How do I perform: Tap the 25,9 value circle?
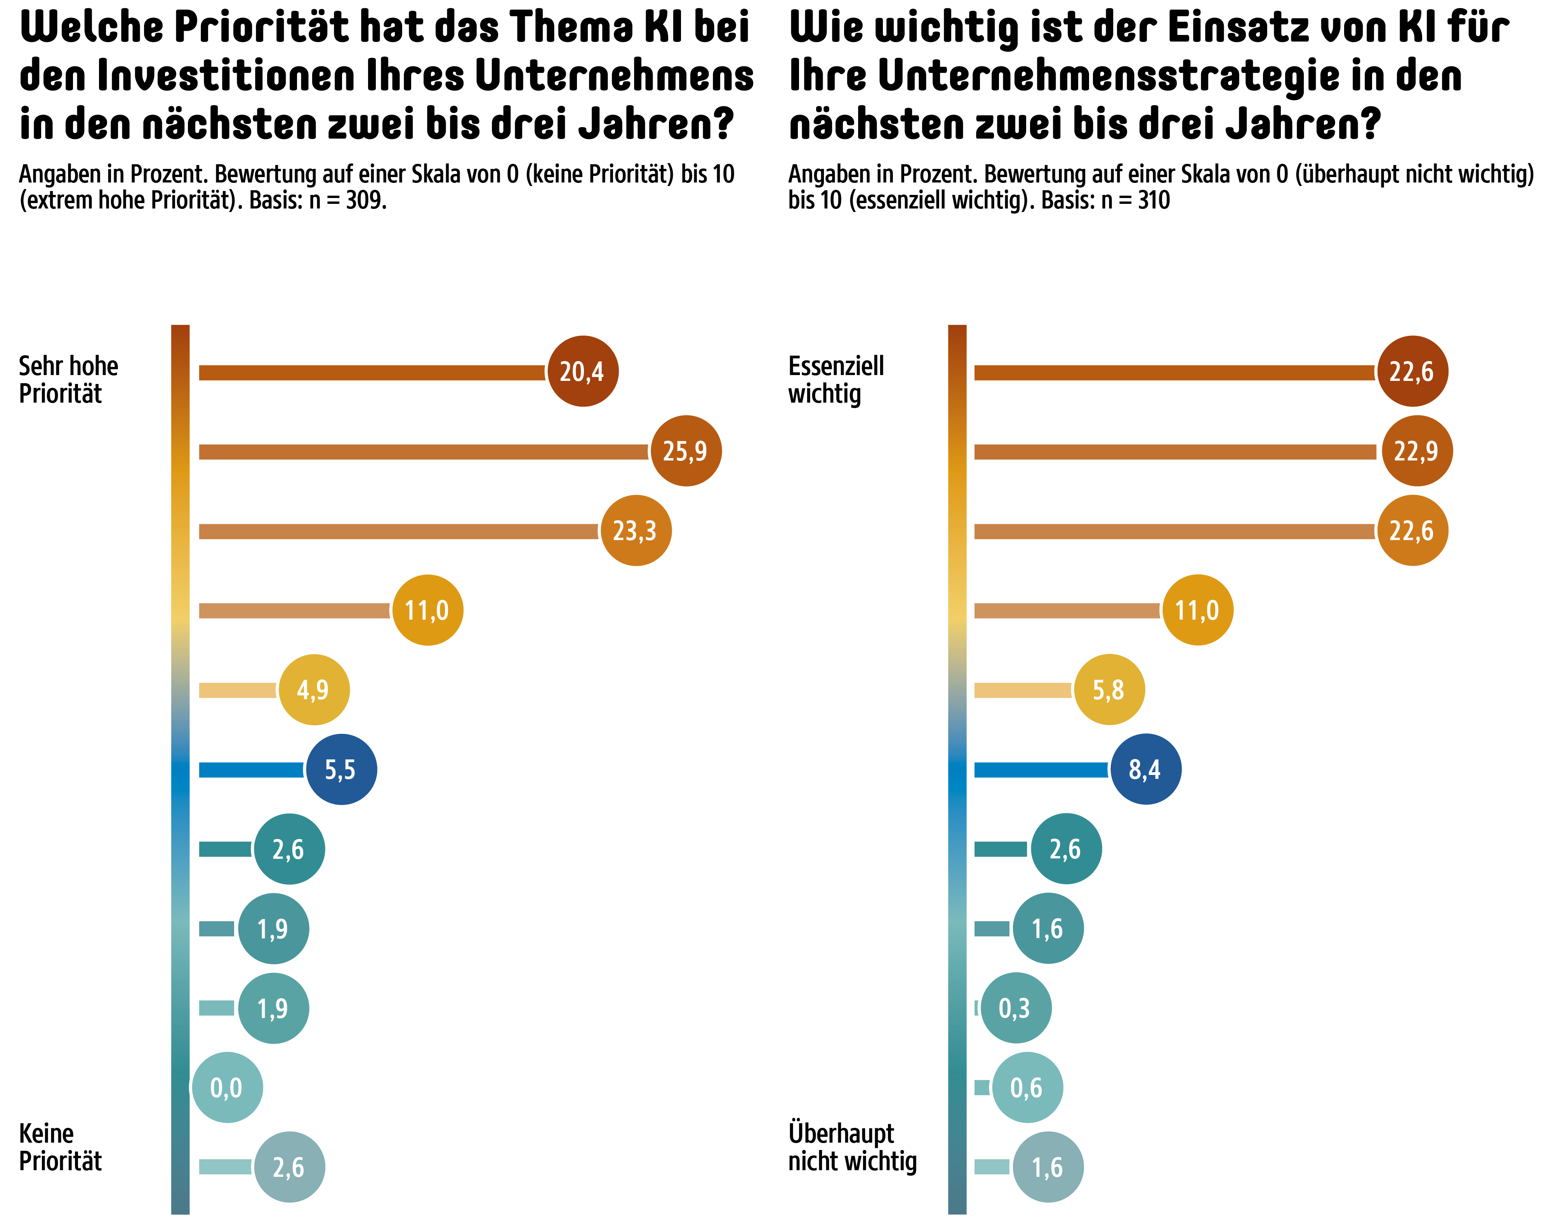coord(686,451)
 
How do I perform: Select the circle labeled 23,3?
coord(636,531)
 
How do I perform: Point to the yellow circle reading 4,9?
coord(314,690)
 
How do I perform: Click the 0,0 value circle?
coord(227,1087)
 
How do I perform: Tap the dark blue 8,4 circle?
coord(1146,770)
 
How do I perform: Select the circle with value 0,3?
coord(1015,1008)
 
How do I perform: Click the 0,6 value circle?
coord(1027,1087)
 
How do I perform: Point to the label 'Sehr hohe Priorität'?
coord(68,379)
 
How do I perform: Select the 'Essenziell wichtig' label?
coord(836,379)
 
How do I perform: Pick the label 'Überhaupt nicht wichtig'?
coord(852,1147)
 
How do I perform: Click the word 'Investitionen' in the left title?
coord(226,75)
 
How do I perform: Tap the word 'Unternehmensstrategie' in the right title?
coord(1108,75)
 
